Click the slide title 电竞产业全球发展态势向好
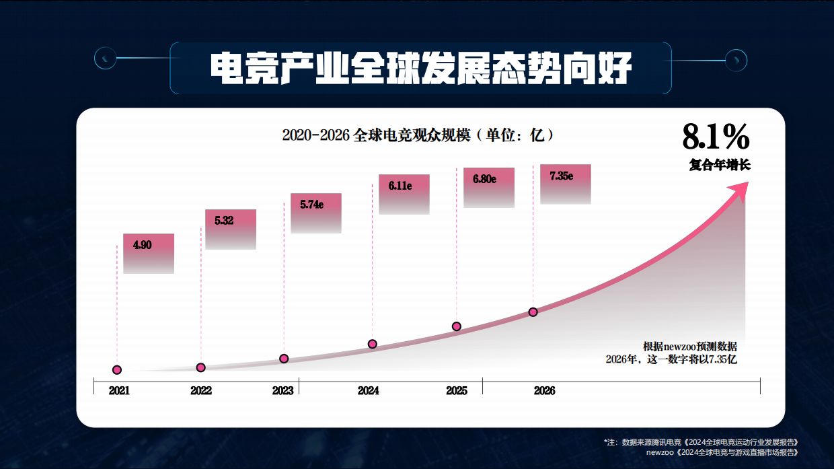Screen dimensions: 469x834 [x=420, y=68]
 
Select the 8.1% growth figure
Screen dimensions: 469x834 [x=716, y=137]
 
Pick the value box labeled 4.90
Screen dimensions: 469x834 [x=149, y=253]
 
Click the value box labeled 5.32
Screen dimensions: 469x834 [x=230, y=229]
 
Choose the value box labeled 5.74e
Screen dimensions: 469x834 [x=315, y=213]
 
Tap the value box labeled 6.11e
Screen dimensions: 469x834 [x=404, y=194]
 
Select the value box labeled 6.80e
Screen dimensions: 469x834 [x=488, y=187]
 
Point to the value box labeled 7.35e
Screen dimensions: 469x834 [x=565, y=184]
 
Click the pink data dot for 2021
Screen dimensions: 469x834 [x=117, y=369]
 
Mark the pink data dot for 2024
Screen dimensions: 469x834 [x=373, y=344]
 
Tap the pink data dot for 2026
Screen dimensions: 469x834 [x=533, y=312]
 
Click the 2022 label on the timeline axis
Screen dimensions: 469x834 [x=201, y=391]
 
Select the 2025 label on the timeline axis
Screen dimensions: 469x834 [x=457, y=391]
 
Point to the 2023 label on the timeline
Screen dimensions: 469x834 [x=282, y=391]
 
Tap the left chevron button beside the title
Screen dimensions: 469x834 [x=105, y=60]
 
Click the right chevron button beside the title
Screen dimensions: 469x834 [x=736, y=60]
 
